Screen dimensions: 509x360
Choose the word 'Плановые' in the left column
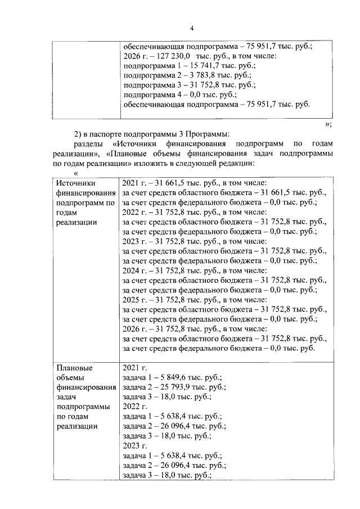coord(74,368)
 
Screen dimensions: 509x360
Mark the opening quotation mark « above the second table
coord(75,173)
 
